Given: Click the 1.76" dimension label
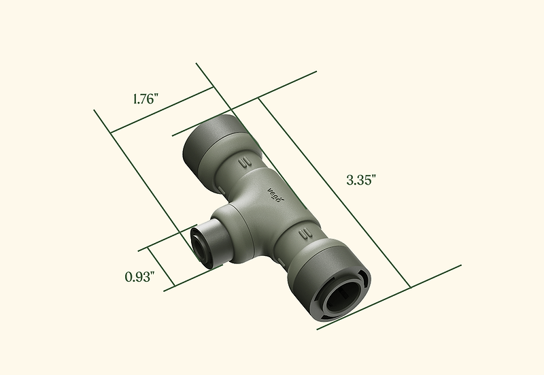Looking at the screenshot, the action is (x=146, y=99).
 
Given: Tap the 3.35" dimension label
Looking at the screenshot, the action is (x=361, y=180).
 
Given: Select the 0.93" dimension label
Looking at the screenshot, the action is (x=140, y=277).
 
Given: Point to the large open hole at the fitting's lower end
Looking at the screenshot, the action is (x=343, y=297).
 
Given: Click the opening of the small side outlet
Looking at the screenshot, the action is (x=199, y=246).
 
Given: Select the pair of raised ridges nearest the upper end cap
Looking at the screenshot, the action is (x=244, y=163).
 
